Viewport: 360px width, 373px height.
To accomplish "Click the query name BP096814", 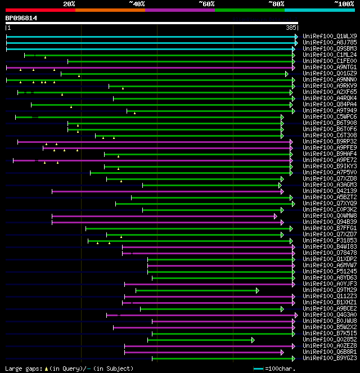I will pos(21,18).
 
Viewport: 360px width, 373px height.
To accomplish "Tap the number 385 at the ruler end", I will pos(291,28).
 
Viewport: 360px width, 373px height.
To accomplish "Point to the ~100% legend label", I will pos(344,3).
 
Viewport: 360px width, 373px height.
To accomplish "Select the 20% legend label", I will pos(69,3).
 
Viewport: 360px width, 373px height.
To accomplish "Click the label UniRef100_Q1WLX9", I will pos(330,37).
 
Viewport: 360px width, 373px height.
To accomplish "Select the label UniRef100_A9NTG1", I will pos(330,68).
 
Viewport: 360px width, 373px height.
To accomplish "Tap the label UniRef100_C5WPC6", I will pos(330,117).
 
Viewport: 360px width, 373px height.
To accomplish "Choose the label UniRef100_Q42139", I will pos(330,191).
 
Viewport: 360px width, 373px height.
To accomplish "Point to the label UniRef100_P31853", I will pos(330,241).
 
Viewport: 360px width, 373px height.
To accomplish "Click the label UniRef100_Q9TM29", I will pos(330,290).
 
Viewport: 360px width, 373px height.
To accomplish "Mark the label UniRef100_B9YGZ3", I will pos(330,358).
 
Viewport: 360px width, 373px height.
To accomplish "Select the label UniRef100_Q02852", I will pos(330,340).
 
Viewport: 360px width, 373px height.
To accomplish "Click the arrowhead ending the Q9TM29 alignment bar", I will pos(257,290).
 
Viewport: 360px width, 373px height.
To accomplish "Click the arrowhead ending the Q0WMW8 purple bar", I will pos(275,216).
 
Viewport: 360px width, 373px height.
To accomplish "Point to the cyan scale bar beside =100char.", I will pos(258,368).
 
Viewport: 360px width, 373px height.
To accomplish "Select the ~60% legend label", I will pos(206,3).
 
